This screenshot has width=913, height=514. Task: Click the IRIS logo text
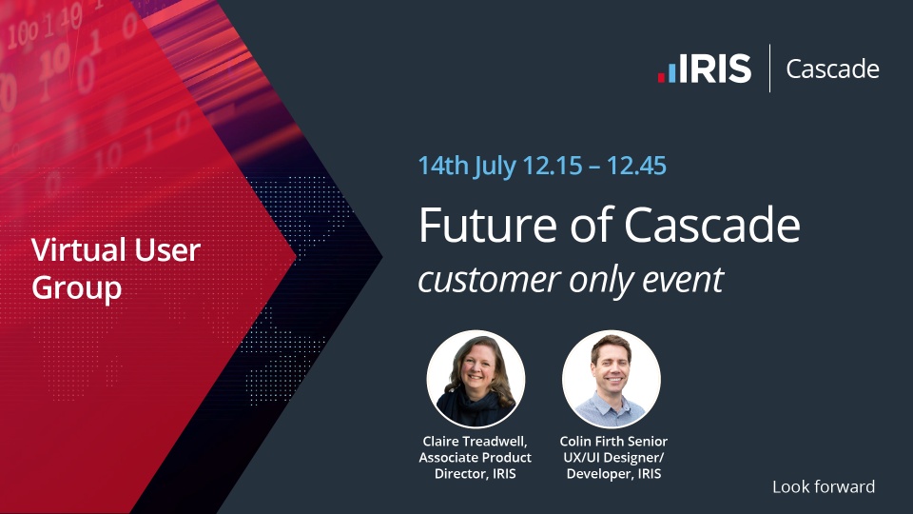(x=715, y=69)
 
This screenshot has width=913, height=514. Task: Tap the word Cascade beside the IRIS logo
(x=833, y=69)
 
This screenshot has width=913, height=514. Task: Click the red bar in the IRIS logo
(x=662, y=77)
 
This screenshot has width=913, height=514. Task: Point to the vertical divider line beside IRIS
(x=769, y=69)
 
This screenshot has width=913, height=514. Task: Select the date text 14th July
(x=467, y=166)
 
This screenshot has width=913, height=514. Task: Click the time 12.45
(x=636, y=166)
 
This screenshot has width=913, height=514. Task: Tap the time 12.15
(x=553, y=166)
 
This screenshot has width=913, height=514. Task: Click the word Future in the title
(x=487, y=225)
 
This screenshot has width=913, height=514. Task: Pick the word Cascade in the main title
(x=712, y=225)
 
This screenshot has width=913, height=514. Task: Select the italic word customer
(x=490, y=280)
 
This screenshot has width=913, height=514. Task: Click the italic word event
(x=683, y=280)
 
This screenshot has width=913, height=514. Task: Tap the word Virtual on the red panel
(x=80, y=250)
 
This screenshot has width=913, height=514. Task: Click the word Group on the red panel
(x=76, y=288)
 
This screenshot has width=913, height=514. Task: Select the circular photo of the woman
(x=476, y=380)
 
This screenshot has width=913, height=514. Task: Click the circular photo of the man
(x=612, y=380)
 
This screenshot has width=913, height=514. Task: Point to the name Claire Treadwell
(x=475, y=442)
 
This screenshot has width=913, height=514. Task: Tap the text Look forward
(x=824, y=486)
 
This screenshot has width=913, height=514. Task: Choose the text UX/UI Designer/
(x=613, y=458)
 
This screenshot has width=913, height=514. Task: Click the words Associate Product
(x=476, y=458)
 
